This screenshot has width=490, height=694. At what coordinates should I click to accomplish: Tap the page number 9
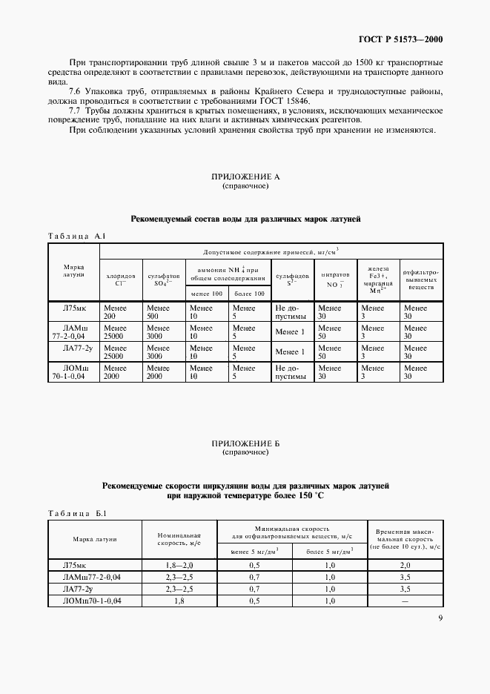click(x=440, y=618)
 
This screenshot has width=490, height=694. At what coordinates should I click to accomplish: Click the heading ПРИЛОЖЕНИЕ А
click(x=245, y=177)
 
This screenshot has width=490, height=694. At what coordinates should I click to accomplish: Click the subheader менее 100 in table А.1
click(x=205, y=294)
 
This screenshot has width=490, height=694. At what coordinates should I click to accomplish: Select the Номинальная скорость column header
click(x=180, y=539)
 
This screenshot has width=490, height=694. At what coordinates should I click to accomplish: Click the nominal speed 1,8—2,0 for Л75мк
click(x=180, y=565)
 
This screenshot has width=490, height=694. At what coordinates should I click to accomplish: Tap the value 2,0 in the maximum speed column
click(x=405, y=565)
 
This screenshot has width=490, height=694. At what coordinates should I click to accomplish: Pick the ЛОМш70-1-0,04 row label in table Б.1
click(x=93, y=601)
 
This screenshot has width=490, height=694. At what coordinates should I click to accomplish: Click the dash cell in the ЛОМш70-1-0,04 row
click(x=405, y=601)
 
